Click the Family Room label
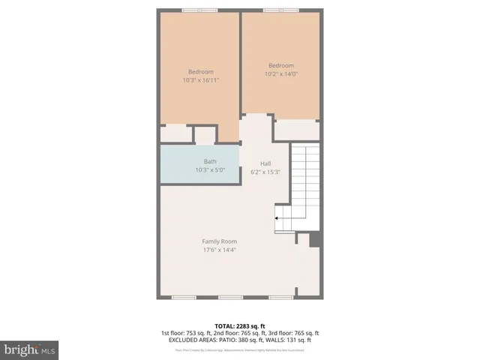(x=214, y=241)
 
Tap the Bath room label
(x=210, y=161)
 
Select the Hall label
(x=265, y=163)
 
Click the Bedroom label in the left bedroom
(x=200, y=72)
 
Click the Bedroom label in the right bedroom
(x=281, y=65)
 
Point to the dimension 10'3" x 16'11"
(x=200, y=80)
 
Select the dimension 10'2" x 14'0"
(x=281, y=73)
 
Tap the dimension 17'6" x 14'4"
(x=214, y=250)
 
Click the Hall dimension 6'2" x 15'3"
(x=265, y=172)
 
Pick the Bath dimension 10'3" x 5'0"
(x=210, y=169)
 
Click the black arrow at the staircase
(x=277, y=218)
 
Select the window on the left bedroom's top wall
(x=199, y=10)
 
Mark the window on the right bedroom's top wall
(x=280, y=10)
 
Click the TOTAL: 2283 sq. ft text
(x=240, y=325)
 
